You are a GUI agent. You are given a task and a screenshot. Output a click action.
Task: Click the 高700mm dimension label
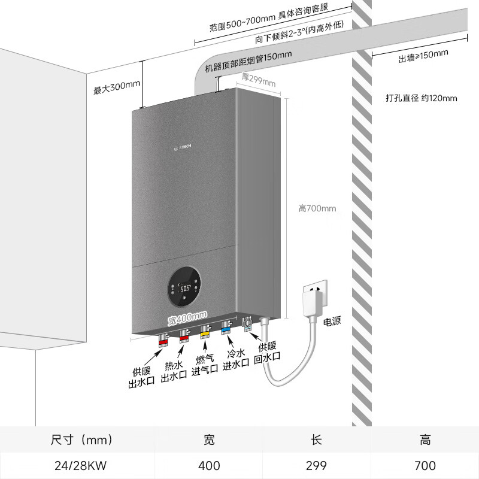(317, 208)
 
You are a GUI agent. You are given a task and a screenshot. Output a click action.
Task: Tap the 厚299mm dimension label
(258, 79)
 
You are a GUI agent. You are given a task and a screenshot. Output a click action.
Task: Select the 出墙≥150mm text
(423, 57)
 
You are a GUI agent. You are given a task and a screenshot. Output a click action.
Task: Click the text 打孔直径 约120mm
(422, 98)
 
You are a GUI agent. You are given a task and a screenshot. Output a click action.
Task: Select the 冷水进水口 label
(236, 359)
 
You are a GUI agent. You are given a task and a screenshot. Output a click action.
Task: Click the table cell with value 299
(317, 465)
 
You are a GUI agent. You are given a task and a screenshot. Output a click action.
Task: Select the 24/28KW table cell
(77, 465)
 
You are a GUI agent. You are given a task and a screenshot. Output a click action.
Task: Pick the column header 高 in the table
(425, 441)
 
